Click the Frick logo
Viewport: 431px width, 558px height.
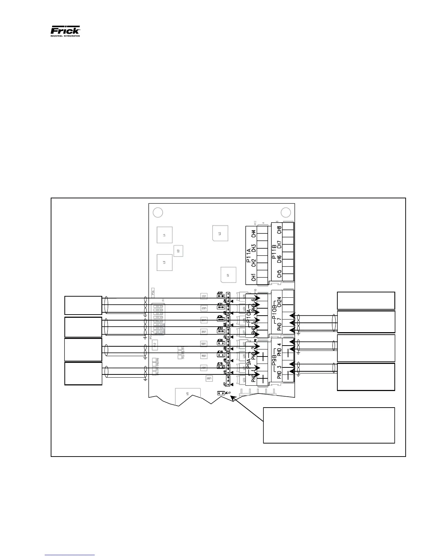point(65,31)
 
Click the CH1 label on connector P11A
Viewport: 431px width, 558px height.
point(254,277)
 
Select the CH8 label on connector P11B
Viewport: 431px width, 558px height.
point(279,230)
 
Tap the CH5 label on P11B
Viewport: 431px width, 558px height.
point(279,274)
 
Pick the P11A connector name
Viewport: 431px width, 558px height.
point(248,255)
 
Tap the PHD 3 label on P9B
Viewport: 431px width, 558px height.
point(279,372)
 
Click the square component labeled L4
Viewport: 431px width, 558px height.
point(164,235)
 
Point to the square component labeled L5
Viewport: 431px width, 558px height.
point(164,262)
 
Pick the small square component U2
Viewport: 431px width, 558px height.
point(178,251)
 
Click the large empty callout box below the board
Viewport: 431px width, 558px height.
point(329,425)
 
